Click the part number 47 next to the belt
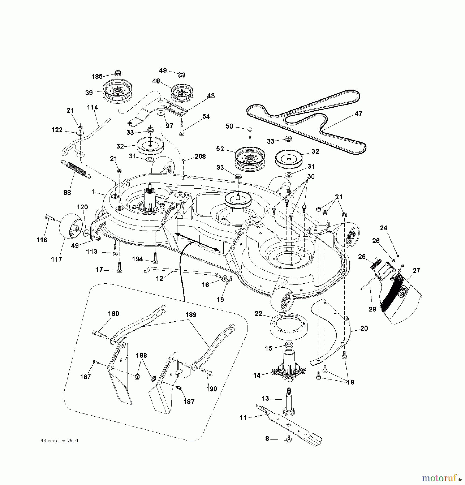coord(358,113)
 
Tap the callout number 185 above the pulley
coord(97,77)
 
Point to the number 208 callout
coord(200,156)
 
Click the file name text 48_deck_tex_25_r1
coord(59,441)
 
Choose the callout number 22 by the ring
coord(258,314)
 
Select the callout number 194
coord(137,259)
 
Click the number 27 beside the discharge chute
coord(416,270)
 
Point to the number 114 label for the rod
coord(92,107)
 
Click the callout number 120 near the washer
coord(82,207)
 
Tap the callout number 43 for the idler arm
coord(211,96)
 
